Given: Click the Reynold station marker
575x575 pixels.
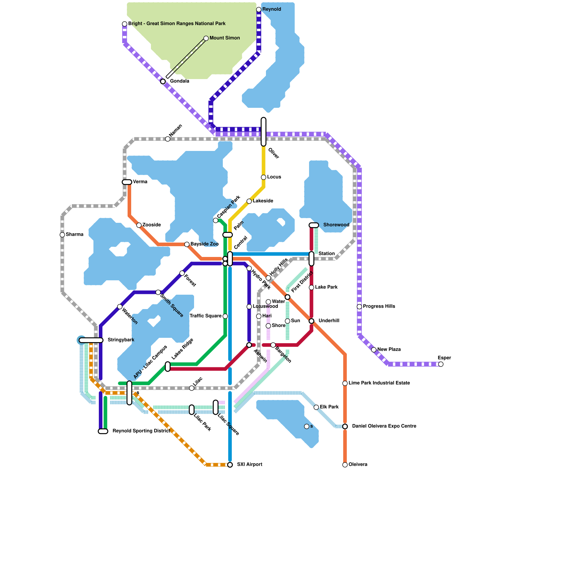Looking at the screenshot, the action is click(259, 9).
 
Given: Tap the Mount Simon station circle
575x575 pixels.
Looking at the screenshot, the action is click(206, 38).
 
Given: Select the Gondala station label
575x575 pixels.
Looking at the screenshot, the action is click(179, 81).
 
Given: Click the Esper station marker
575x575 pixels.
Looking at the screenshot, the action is click(441, 364).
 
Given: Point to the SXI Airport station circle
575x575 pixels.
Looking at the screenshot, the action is click(230, 465).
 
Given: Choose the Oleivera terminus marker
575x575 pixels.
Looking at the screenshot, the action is click(345, 465).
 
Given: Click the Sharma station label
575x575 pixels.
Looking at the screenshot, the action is click(74, 235).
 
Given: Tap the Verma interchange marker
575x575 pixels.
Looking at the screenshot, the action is click(127, 182).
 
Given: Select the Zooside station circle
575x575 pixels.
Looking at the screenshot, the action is click(139, 225).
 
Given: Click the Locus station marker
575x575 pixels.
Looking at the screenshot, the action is click(263, 177).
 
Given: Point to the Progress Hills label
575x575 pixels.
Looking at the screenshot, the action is click(379, 307).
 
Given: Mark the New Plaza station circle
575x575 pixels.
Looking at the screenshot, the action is click(374, 350).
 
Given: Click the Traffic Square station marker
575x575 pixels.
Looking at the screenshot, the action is click(225, 316).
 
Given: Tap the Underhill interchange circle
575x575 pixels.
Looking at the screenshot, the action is click(312, 321).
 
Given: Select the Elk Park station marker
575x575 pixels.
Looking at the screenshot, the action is click(316, 407).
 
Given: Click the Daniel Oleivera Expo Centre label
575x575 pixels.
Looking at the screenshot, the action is click(384, 426).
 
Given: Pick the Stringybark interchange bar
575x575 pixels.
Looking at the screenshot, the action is click(91, 340).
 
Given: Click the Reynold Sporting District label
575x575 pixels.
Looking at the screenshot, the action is click(141, 431).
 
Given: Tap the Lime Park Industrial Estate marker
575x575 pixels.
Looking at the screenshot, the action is click(345, 383).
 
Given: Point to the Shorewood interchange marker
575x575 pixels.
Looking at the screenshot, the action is click(314, 225).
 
